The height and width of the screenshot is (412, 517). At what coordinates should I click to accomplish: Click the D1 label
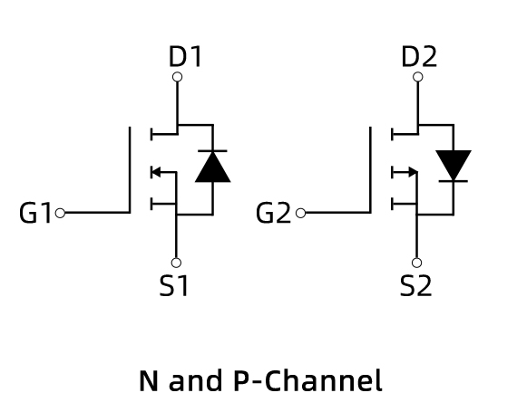(185, 57)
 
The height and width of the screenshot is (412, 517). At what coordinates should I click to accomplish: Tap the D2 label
(419, 57)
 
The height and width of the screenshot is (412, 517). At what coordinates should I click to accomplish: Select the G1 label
(35, 213)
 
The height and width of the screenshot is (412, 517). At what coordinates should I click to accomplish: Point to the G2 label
(273, 213)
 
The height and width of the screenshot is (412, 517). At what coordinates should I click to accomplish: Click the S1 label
(173, 285)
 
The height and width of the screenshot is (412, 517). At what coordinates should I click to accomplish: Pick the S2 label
(415, 285)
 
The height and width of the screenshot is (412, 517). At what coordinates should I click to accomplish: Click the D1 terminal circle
(178, 77)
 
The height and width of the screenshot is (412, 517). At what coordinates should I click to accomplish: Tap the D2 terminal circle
(418, 77)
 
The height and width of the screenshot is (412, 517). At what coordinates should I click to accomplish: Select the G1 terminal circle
(60, 213)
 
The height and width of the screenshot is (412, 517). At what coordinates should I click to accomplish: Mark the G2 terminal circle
(301, 213)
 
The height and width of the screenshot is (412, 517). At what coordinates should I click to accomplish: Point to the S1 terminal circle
(176, 263)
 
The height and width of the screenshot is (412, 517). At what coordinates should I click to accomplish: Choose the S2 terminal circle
(416, 263)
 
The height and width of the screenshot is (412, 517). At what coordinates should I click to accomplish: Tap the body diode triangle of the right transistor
(454, 164)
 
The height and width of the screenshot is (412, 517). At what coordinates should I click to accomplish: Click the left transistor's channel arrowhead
(156, 172)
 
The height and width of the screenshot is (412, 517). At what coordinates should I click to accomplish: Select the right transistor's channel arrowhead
(413, 172)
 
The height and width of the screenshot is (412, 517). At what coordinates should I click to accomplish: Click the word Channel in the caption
(323, 380)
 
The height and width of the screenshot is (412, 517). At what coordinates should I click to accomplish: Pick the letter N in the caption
(149, 380)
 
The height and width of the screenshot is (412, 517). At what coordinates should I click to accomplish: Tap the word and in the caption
(195, 380)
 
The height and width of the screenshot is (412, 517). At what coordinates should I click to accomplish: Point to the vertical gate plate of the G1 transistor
(130, 169)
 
